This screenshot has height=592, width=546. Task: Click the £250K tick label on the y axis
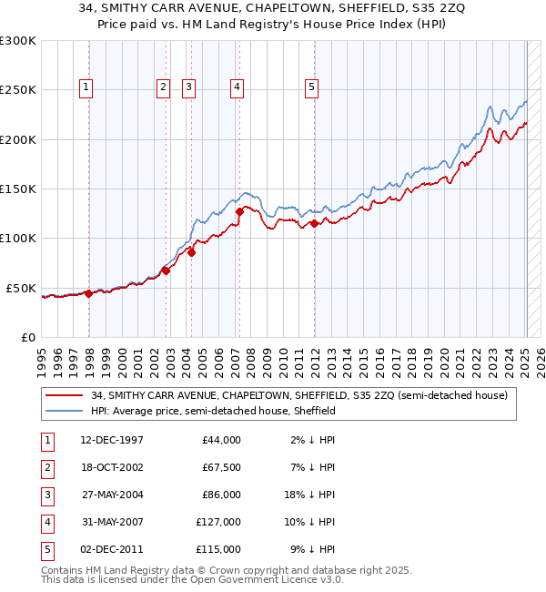click(18, 90)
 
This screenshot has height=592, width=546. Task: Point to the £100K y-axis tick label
click(18, 239)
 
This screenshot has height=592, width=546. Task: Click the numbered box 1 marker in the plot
click(86, 87)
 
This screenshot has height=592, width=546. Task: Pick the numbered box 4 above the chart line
click(236, 87)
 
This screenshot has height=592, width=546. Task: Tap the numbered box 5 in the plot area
click(311, 87)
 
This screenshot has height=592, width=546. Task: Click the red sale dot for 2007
click(239, 211)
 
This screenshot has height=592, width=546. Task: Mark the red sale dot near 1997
click(89, 293)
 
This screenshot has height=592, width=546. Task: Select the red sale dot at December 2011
click(314, 223)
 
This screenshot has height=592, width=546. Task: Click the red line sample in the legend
click(66, 395)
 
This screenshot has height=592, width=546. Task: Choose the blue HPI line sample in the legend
click(66, 411)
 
